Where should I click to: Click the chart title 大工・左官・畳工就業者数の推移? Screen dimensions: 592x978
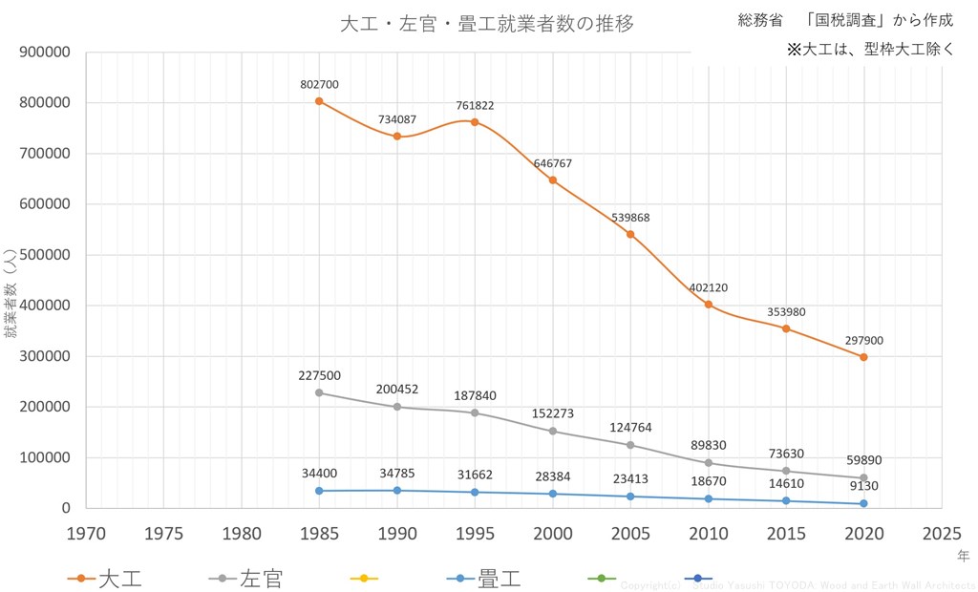tap(487, 24)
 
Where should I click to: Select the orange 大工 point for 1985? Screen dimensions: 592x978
tap(319, 100)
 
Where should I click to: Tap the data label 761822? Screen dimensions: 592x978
tap(475, 105)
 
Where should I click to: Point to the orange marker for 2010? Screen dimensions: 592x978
tap(709, 305)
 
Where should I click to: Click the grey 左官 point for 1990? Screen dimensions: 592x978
tap(397, 407)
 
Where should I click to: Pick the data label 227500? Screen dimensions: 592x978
tap(319, 375)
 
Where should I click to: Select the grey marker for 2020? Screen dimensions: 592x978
tap(863, 477)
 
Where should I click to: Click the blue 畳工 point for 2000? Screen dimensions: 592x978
tap(553, 494)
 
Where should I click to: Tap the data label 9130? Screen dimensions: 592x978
tap(863, 485)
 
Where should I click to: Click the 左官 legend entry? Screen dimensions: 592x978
tap(246, 578)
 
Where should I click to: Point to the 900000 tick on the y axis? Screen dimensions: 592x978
tap(46, 52)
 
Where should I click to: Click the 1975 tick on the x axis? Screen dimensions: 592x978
tap(163, 532)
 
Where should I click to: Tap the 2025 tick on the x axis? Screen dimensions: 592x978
tap(942, 532)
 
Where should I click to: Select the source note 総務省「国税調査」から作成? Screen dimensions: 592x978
tap(845, 20)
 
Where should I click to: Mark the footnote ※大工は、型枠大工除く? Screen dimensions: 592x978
tap(870, 49)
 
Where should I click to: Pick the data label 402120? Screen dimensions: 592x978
tap(709, 285)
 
